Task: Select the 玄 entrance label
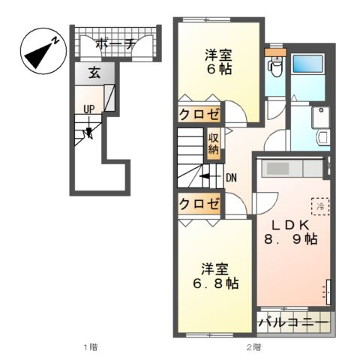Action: pyautogui.click(x=94, y=73)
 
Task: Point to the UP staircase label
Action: pyautogui.click(x=89, y=109)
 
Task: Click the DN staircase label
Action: pyautogui.click(x=232, y=178)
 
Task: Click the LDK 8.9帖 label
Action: pyautogui.click(x=290, y=232)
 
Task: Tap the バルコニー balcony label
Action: pyautogui.click(x=293, y=323)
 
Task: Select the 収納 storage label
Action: pyautogui.click(x=213, y=142)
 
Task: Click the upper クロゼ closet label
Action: pyautogui.click(x=199, y=115)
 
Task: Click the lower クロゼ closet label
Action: pyautogui.click(x=199, y=204)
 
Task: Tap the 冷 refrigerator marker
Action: pyautogui.click(x=318, y=204)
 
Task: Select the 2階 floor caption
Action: pyautogui.click(x=253, y=347)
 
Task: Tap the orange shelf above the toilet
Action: pyautogui.click(x=275, y=52)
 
